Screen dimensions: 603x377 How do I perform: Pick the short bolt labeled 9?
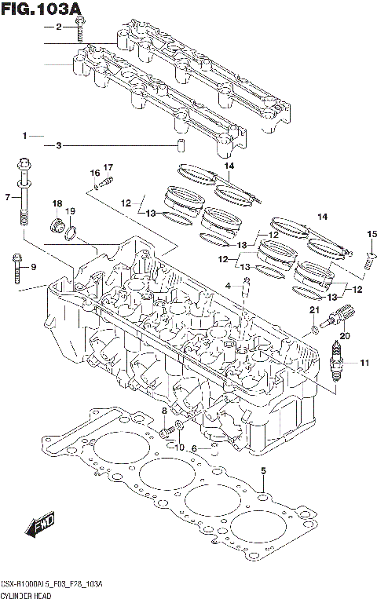(x=16, y=267)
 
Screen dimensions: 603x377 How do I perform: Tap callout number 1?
(x=26, y=135)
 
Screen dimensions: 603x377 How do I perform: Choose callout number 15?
(x=373, y=233)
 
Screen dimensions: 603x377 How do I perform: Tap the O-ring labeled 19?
(x=71, y=232)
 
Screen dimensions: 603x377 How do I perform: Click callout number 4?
(x=226, y=287)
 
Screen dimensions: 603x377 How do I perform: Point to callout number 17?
(x=108, y=166)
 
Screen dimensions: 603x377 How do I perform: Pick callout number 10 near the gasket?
(x=178, y=448)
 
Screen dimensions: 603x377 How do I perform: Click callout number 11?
(x=364, y=362)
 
